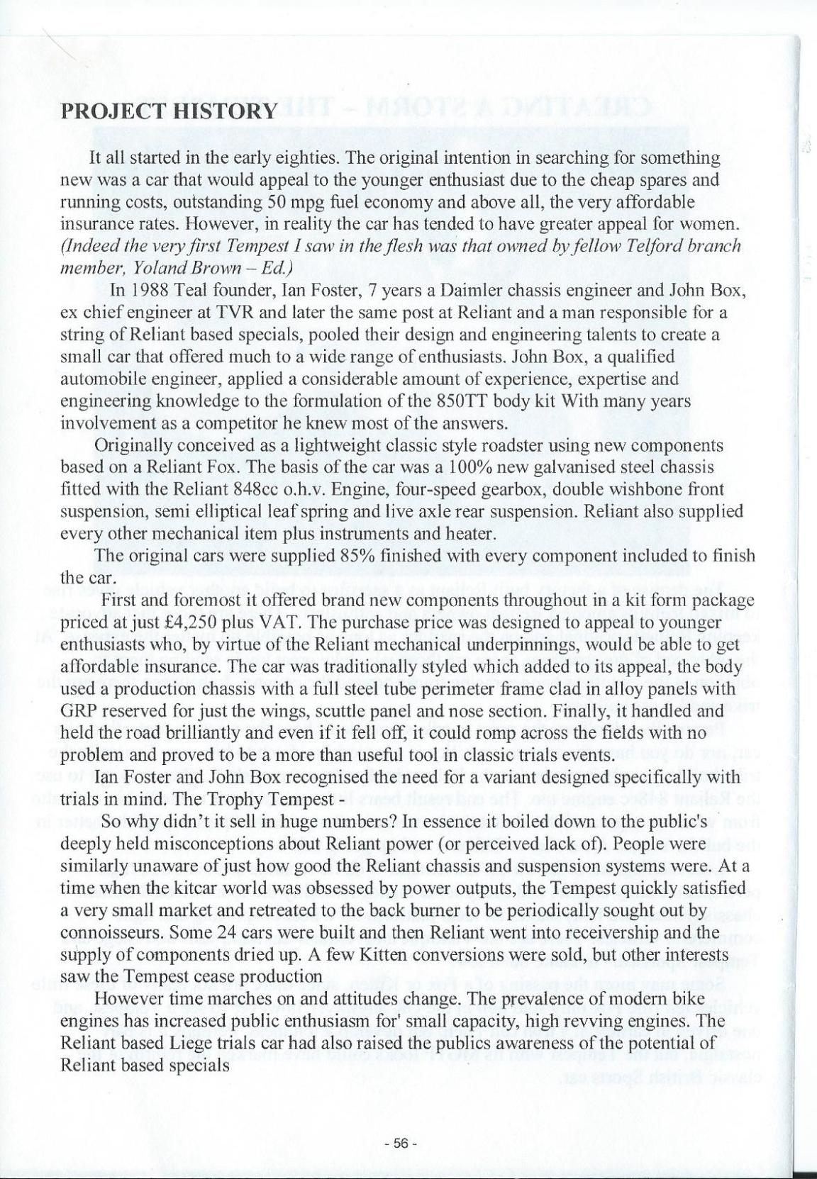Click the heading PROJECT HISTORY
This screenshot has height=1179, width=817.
click(168, 111)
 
